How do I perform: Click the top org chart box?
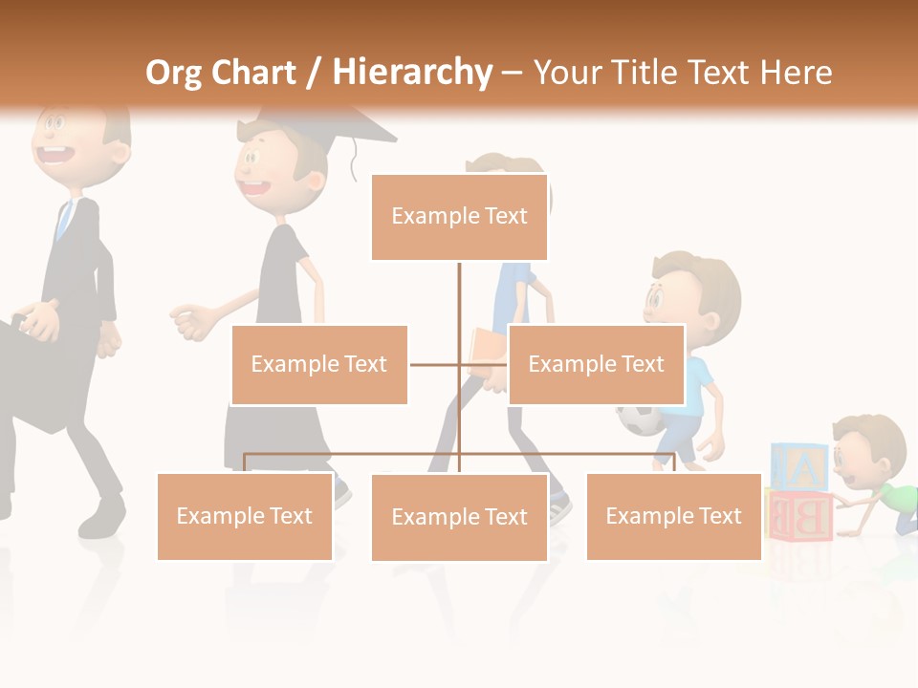459,217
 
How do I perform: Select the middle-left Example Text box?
319,364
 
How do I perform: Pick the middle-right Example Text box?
596,364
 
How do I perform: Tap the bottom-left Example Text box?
245,516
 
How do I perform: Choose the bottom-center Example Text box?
459,517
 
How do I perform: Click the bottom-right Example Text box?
673,516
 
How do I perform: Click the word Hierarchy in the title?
412,73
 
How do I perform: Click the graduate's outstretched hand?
191,322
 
